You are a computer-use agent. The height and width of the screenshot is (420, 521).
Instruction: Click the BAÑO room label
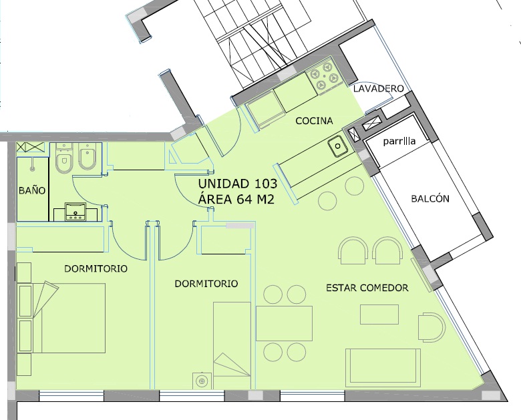(32, 190)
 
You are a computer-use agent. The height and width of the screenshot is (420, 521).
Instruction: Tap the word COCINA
(314, 121)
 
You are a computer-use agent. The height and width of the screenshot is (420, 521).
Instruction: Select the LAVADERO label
(379, 88)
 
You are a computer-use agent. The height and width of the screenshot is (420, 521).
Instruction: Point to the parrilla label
(399, 141)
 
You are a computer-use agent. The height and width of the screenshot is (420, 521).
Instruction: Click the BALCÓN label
(430, 198)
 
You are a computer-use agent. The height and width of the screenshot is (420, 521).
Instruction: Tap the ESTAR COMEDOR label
(367, 288)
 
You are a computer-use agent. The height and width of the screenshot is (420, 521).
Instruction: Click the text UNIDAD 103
(238, 183)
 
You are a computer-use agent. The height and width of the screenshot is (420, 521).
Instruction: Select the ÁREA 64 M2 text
(236, 199)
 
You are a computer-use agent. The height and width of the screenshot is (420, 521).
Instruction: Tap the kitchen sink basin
(337, 146)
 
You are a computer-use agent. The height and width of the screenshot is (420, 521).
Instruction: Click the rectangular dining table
(284, 323)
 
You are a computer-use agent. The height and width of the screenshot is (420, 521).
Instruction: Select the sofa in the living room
(383, 368)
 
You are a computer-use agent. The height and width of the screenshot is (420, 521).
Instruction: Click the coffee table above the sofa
(379, 314)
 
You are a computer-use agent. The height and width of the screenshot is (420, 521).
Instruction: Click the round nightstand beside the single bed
(202, 381)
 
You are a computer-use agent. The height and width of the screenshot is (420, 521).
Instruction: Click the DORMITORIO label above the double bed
(96, 268)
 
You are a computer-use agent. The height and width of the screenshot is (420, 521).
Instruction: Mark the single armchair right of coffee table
(431, 327)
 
